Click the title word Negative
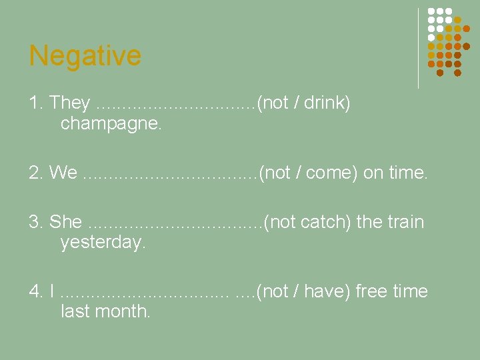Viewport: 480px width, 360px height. (85, 55)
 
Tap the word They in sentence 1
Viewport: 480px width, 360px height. (69, 103)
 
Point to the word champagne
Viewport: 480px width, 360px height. (111, 123)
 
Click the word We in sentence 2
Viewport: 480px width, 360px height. (63, 173)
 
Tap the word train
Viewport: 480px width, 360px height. (404, 221)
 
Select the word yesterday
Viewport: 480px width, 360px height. (103, 243)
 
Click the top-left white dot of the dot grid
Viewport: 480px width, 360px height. (431, 11)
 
